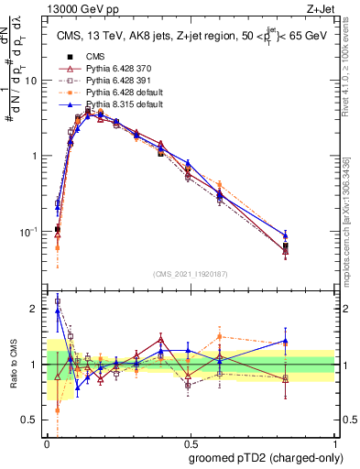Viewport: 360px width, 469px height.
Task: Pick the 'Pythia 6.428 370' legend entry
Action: point(115,69)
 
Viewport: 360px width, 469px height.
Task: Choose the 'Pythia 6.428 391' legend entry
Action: point(115,81)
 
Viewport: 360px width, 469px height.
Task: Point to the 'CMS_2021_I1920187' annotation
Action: point(190,273)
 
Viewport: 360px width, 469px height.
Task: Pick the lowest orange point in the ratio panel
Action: point(58,409)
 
